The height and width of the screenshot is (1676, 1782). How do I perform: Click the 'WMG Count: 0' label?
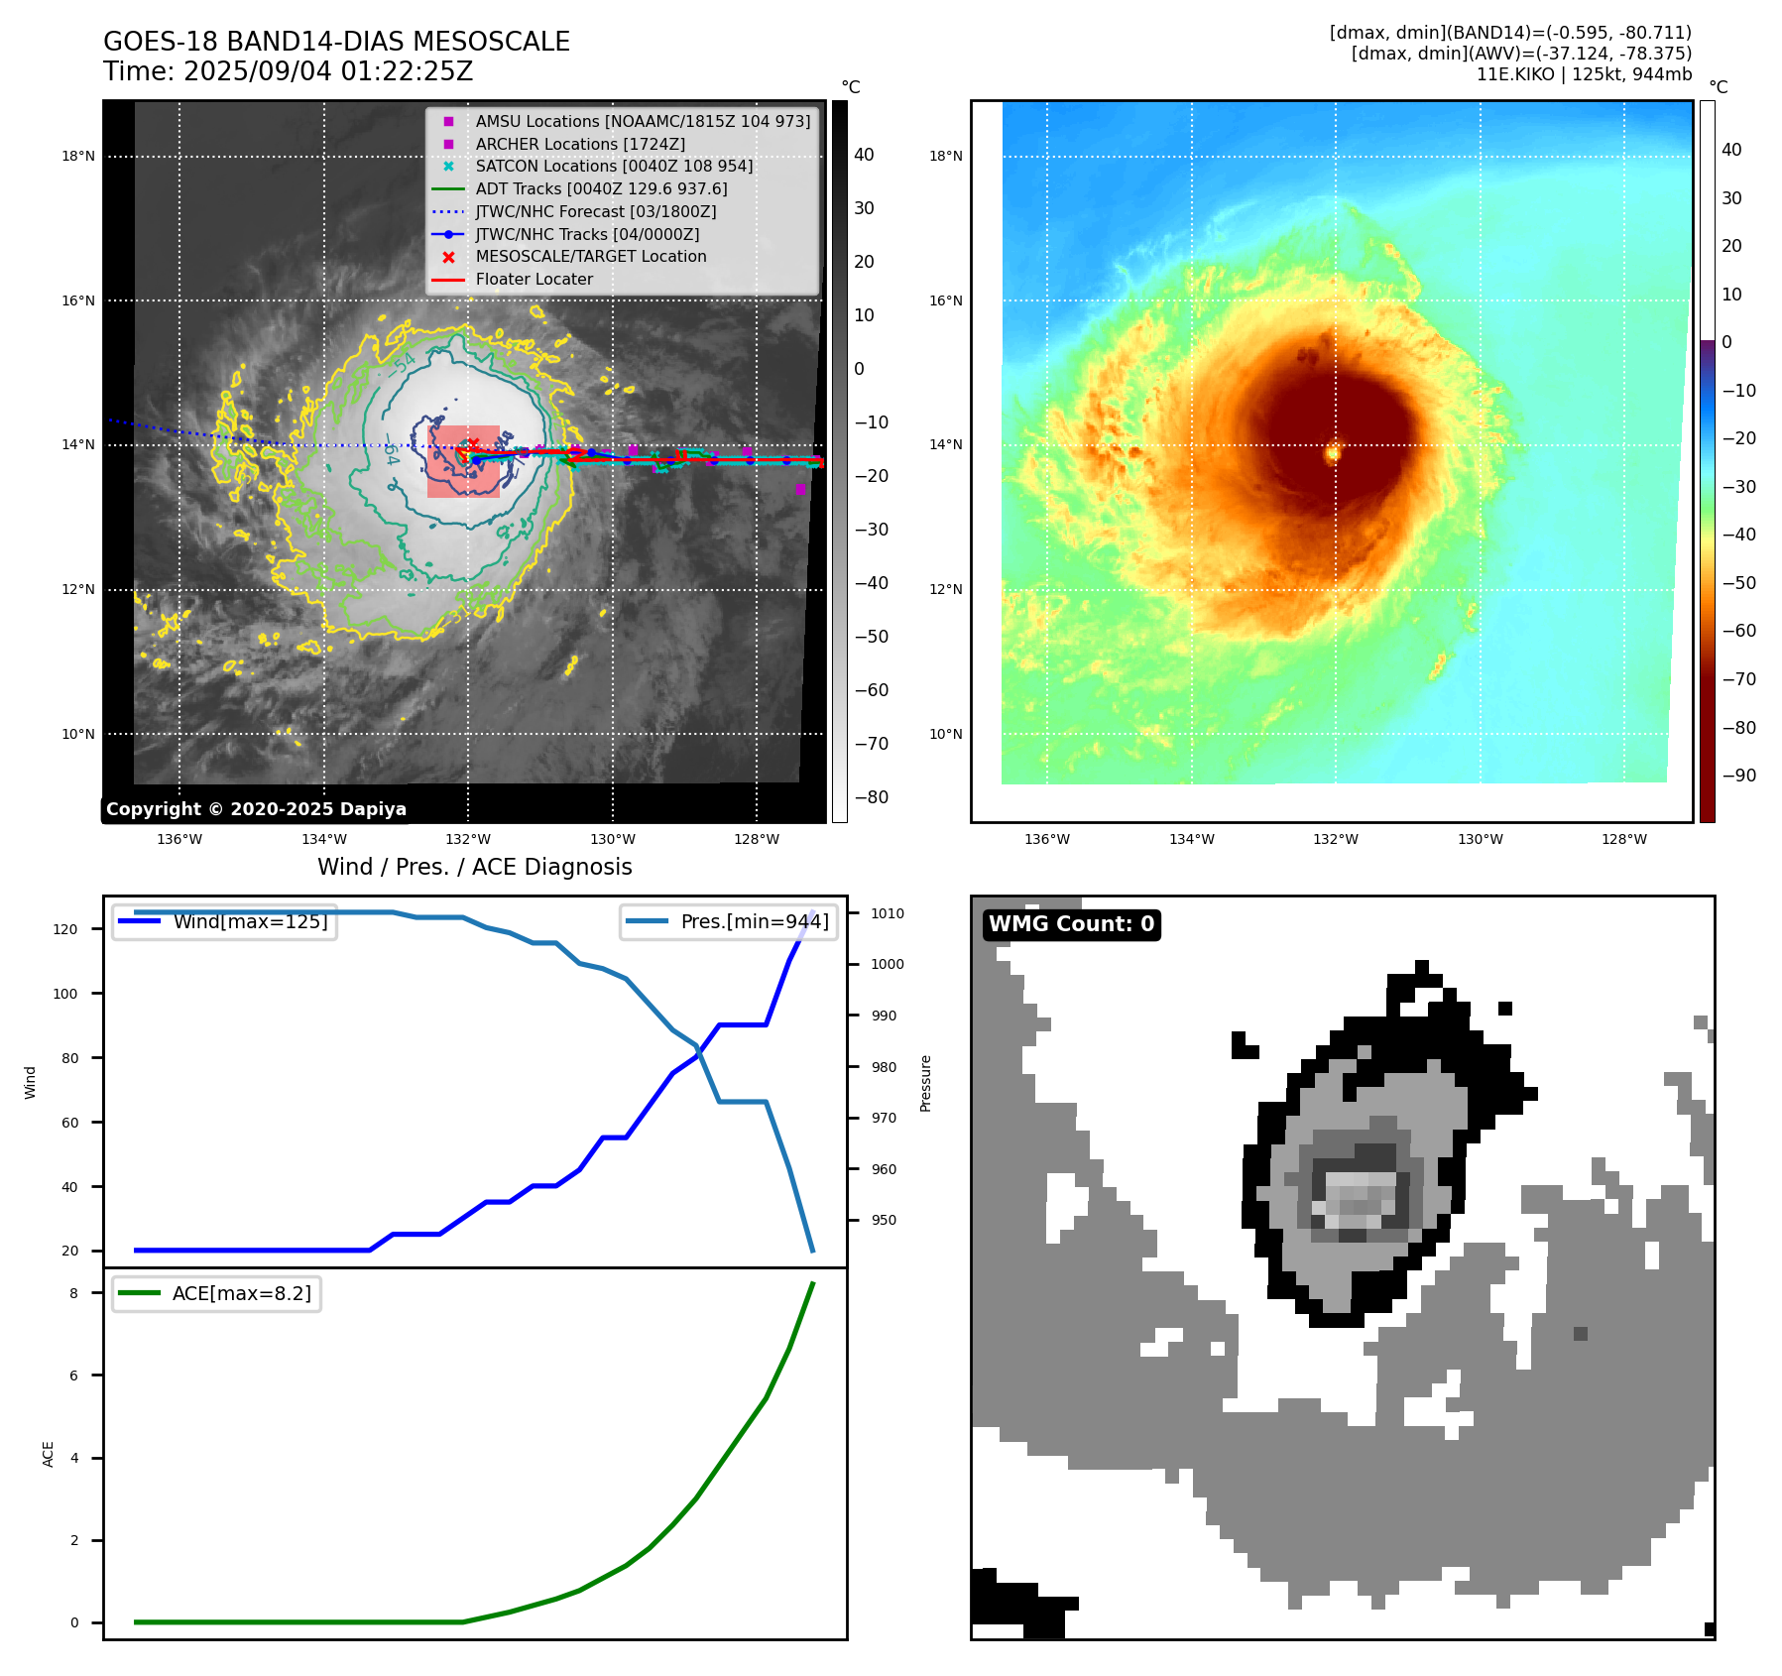tap(1071, 924)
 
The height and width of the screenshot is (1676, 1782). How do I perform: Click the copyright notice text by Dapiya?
tap(256, 809)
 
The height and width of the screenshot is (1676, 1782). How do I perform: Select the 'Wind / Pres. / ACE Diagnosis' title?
tap(474, 867)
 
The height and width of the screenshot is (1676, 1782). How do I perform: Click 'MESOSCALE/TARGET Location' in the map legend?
tap(590, 257)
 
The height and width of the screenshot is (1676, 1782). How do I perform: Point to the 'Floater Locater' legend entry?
tap(534, 280)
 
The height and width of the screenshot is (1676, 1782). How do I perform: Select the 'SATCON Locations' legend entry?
tap(613, 167)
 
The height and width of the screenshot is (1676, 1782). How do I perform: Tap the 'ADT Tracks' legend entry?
tap(601, 189)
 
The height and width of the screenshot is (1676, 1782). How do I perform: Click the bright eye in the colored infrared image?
tap(1333, 453)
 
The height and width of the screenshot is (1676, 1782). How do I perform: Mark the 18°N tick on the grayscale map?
tap(78, 157)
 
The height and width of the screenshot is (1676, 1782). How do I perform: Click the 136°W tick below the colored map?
tap(1047, 840)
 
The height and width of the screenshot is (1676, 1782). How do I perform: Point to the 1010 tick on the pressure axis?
tap(888, 913)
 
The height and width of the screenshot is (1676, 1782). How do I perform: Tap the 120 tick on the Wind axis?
tap(65, 929)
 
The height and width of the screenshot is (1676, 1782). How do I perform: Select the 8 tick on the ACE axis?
tap(73, 1293)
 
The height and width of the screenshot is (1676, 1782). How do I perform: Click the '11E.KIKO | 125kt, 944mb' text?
tap(1584, 74)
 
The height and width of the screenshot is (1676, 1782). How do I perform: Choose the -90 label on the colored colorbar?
tap(1738, 776)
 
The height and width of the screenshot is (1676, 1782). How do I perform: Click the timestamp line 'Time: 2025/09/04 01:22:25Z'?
tap(289, 72)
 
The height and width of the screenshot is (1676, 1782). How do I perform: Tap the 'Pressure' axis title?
tap(925, 1083)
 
